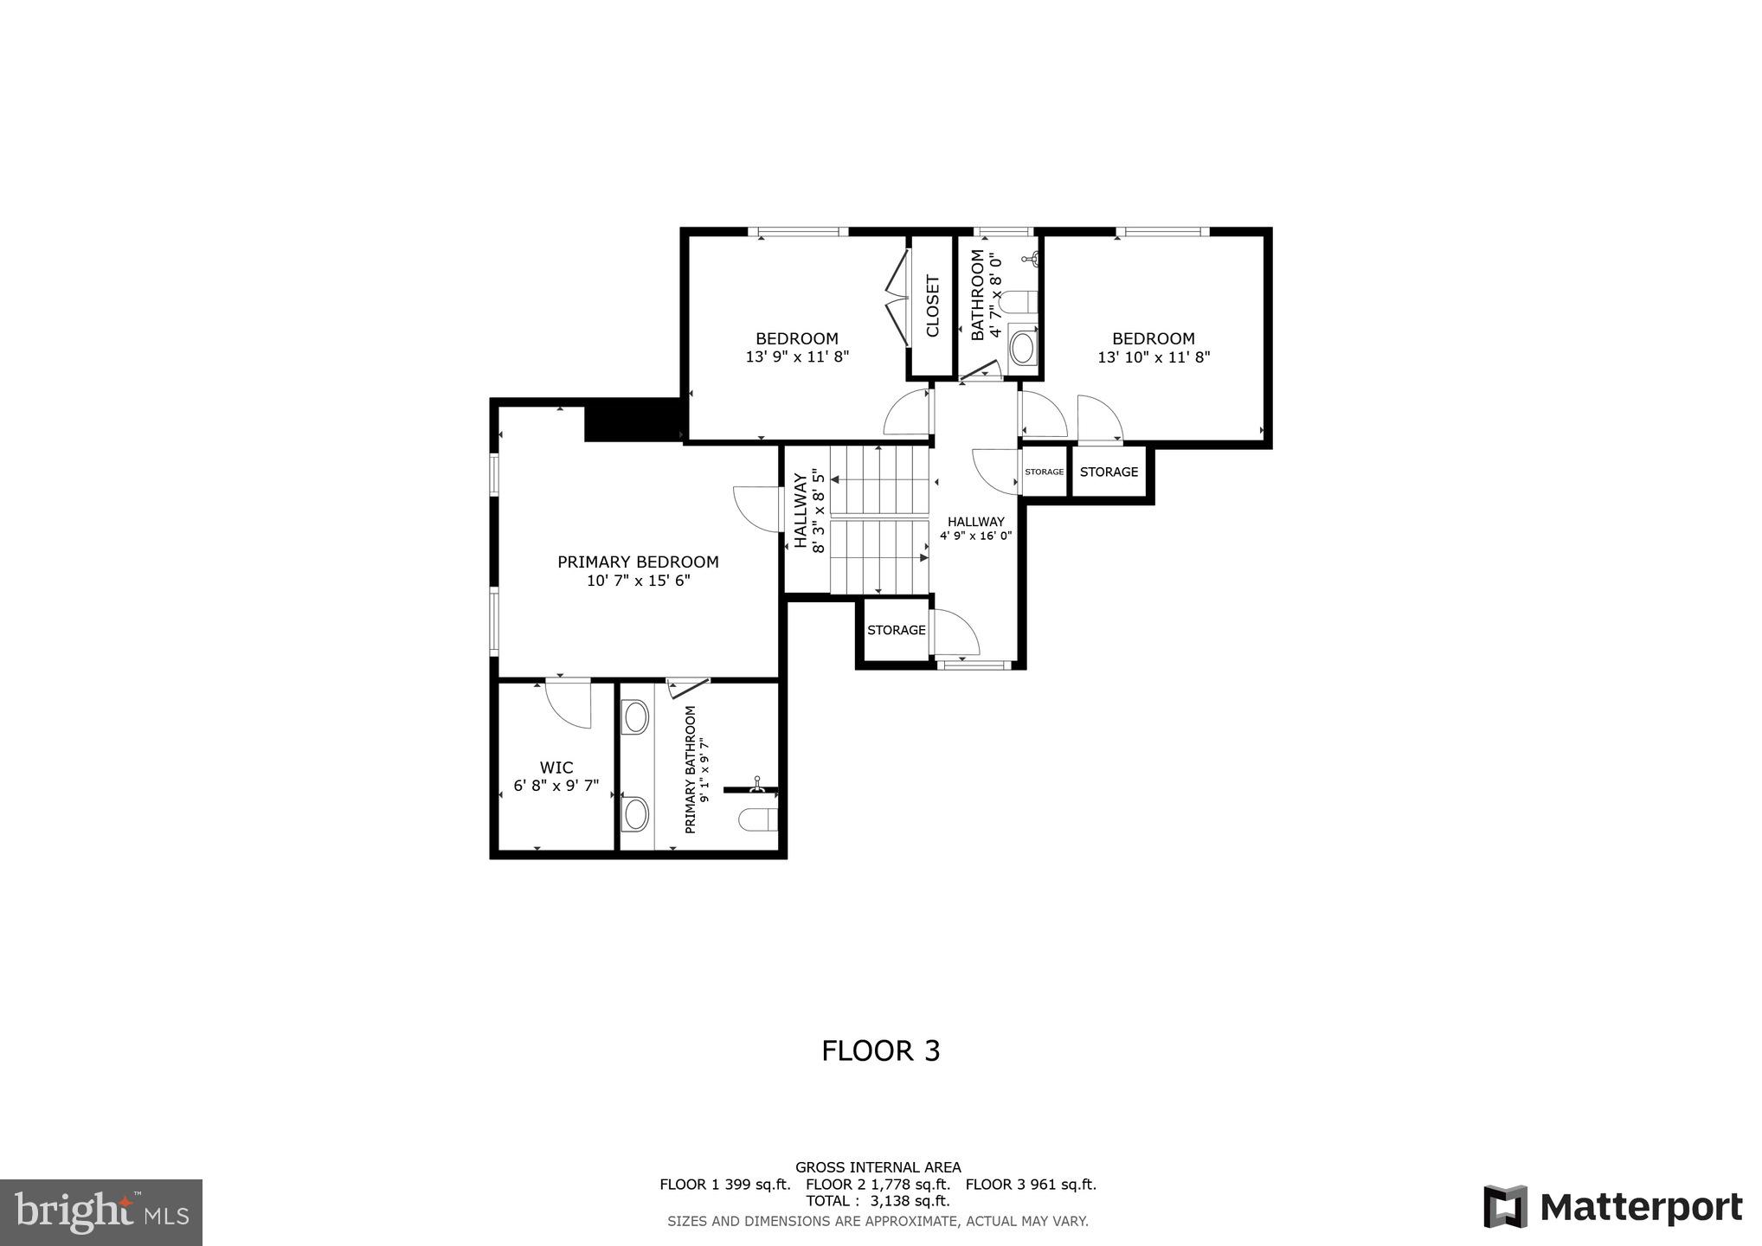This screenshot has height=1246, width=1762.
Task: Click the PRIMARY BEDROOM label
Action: [x=638, y=562]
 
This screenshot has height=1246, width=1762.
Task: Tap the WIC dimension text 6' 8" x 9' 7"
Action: [x=556, y=786]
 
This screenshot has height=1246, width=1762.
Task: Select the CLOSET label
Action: [x=933, y=306]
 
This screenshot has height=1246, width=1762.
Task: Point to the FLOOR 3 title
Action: [x=880, y=1050]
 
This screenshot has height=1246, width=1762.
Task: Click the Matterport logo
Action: [x=1612, y=1206]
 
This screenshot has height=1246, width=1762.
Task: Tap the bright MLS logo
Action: [x=101, y=1211]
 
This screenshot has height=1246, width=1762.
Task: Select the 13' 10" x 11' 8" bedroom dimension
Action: [x=1154, y=356]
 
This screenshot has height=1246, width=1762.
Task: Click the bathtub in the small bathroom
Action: [x=1023, y=348]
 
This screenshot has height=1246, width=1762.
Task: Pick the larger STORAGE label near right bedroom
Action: [x=1109, y=472]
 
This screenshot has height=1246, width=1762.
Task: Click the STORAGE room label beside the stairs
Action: [x=897, y=630]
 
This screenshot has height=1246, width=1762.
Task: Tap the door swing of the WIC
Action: [x=569, y=703]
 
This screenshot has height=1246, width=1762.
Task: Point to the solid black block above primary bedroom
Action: [x=632, y=420]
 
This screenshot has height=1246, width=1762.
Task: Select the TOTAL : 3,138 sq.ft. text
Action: [x=878, y=1201]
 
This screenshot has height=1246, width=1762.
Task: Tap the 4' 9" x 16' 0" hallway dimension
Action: [x=975, y=536]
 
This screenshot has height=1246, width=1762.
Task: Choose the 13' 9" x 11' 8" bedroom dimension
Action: [x=797, y=356]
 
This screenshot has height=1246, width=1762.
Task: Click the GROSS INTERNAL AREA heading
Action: [x=878, y=1167]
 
